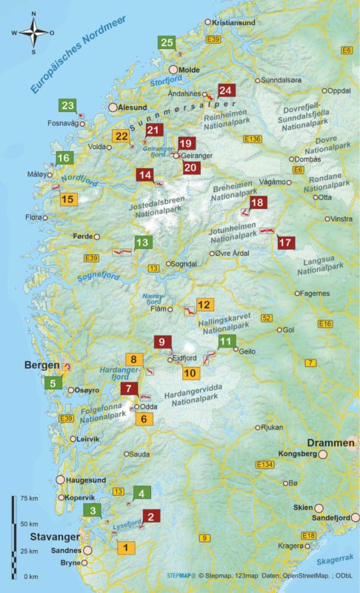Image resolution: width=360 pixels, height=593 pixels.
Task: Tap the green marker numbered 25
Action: (167, 43)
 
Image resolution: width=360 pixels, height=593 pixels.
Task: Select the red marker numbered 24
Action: (225, 90)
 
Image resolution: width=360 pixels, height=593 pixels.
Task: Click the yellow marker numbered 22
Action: (121, 136)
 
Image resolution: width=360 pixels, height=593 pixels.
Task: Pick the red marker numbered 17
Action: (285, 242)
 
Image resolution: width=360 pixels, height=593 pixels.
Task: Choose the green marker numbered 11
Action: (227, 341)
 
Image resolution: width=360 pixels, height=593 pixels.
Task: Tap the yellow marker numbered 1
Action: (127, 549)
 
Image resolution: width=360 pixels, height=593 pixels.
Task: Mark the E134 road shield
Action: (264, 464)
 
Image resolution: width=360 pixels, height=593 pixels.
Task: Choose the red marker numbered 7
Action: (129, 388)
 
